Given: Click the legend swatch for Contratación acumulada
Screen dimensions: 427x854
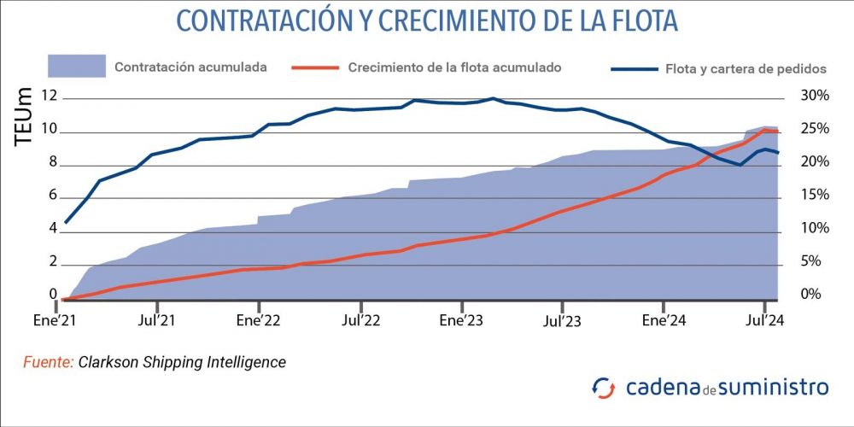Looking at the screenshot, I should tap(77, 66).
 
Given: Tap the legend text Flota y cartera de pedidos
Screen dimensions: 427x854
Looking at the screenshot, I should tap(746, 69).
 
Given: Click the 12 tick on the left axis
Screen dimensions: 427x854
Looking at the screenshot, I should tap(50, 97).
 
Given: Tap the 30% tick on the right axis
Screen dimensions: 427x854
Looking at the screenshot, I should tap(814, 96).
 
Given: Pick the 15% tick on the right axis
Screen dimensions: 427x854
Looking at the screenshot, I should tap(814, 196).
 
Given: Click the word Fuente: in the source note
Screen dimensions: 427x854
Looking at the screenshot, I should tap(48, 362).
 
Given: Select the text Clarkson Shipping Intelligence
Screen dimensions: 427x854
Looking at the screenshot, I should tap(182, 362).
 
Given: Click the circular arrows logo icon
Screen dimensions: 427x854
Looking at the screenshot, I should tap(604, 388).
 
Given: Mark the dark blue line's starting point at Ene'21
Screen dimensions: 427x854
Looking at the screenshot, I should tap(66, 222).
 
